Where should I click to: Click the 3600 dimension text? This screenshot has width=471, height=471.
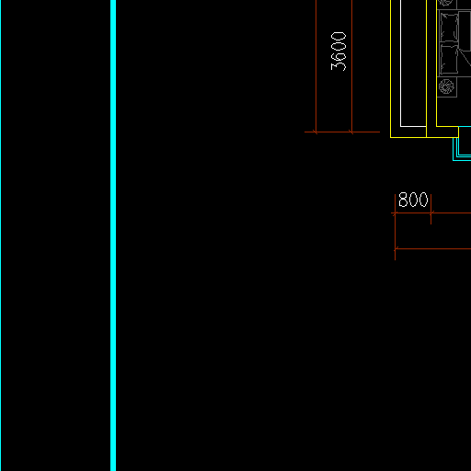339,52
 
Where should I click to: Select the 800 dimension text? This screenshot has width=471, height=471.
413,200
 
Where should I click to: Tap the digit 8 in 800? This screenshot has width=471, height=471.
403,200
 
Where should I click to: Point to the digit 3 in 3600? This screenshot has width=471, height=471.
339,66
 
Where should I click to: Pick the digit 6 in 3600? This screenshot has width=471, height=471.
339,56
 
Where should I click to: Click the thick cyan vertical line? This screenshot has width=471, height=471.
113,235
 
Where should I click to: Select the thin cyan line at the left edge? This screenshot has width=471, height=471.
0,235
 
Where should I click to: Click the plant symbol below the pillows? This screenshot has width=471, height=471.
446,86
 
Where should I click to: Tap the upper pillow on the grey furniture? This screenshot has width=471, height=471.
450,27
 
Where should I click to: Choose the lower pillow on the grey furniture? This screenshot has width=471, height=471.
450,59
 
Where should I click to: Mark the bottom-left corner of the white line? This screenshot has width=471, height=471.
400,126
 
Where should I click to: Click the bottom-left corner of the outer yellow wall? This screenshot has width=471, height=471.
390,137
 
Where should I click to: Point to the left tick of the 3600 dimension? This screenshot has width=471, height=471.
316,132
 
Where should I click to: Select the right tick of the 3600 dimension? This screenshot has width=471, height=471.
351,132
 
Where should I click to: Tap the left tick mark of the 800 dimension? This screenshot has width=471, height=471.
395,213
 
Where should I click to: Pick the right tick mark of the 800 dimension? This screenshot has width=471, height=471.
431,213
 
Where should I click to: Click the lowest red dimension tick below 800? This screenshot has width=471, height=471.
396,248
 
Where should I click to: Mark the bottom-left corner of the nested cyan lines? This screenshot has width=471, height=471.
453,160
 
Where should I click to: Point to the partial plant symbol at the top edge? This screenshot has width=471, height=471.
445,3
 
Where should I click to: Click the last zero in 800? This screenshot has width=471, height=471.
423,200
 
